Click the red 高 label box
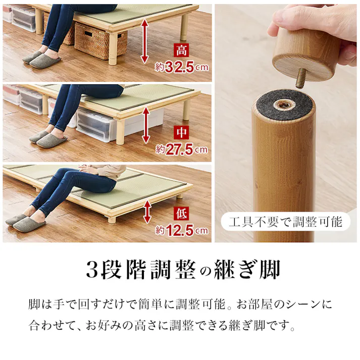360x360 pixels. click(181, 50)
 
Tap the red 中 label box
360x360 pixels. click(181, 132)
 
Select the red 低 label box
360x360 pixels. click(181, 214)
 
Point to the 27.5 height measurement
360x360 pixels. click(180, 149)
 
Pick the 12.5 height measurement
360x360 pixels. click(180, 231)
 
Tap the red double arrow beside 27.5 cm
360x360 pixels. click(146, 125)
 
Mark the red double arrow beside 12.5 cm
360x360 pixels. click(147, 212)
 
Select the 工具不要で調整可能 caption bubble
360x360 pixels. click(285, 222)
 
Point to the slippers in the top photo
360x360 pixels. click(41, 59)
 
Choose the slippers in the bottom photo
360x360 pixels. click(25, 222)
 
